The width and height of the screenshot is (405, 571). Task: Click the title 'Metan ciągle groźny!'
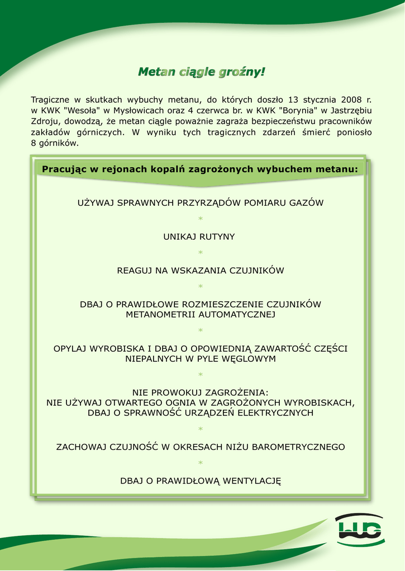coord(202,72)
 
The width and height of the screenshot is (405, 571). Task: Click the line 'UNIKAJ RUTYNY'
coord(199,237)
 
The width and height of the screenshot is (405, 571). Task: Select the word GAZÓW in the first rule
coord(305,203)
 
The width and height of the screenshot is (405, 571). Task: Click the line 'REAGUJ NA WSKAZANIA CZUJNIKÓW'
coord(201,271)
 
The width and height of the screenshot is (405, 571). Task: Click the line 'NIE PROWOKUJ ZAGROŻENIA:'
coord(201,392)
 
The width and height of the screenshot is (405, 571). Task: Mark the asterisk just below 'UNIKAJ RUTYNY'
coord(201,254)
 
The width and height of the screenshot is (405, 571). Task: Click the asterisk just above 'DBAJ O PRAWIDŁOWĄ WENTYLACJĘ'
coord(201,463)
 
